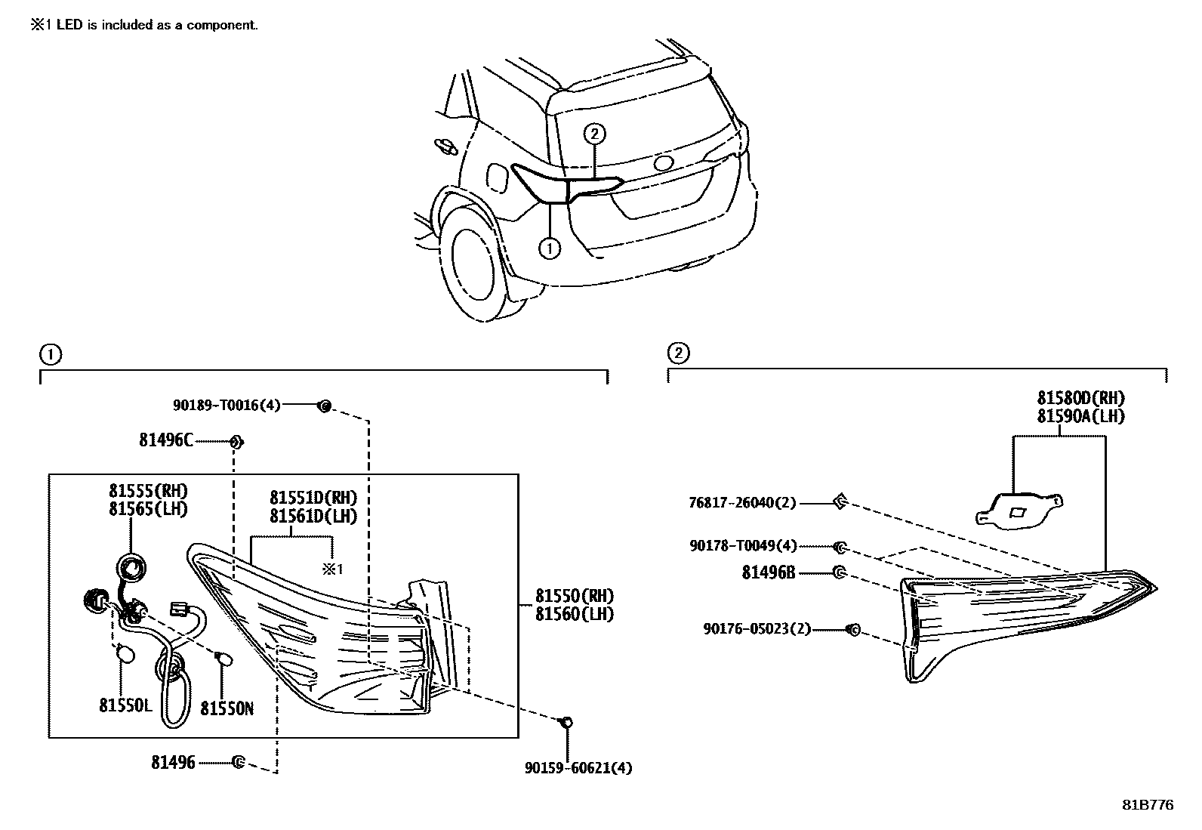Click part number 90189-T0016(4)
pyautogui.click(x=227, y=406)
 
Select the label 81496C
pyautogui.click(x=165, y=440)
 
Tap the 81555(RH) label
pyautogui.click(x=148, y=492)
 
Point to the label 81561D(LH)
pyautogui.click(x=313, y=517)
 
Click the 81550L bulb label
pyautogui.click(x=125, y=705)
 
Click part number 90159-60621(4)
pyautogui.click(x=578, y=768)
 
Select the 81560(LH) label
pyautogui.click(x=575, y=614)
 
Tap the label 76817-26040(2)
pyautogui.click(x=742, y=502)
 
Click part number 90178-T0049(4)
pyautogui.click(x=742, y=545)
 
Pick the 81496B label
pyautogui.click(x=769, y=573)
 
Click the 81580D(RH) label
pyautogui.click(x=1080, y=398)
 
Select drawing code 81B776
pyautogui.click(x=1147, y=805)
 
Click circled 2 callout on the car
pyautogui.click(x=595, y=134)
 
